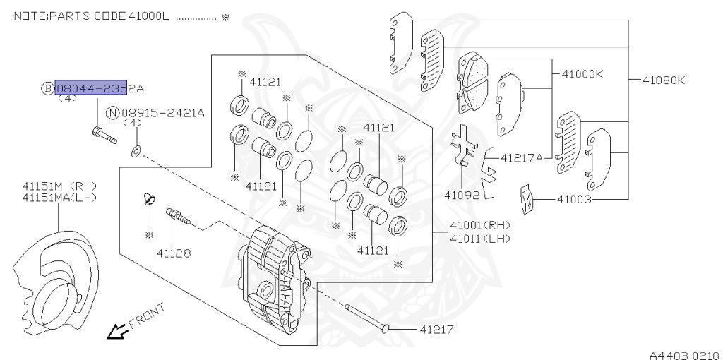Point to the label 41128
click(173, 251)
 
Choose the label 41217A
click(522, 157)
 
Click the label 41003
click(573, 200)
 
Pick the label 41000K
click(582, 73)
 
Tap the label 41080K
click(663, 80)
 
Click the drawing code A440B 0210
click(683, 354)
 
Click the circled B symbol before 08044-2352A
click(47, 88)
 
